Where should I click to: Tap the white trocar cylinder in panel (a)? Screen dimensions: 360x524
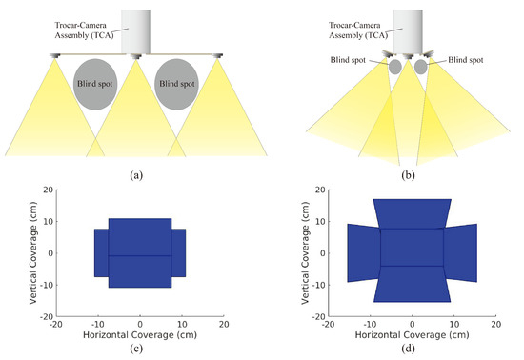(x=137, y=31)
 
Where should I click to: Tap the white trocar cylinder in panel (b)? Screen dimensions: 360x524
(x=409, y=28)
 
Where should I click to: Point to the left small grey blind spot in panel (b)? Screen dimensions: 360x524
(x=394, y=68)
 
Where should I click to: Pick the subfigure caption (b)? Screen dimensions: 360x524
(x=409, y=173)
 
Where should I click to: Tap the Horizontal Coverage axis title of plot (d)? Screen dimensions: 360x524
(x=412, y=336)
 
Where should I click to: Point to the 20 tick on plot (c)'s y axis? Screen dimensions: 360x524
(x=47, y=190)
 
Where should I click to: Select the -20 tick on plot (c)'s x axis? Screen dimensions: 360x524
(x=56, y=325)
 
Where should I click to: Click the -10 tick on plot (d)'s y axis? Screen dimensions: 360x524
(x=318, y=285)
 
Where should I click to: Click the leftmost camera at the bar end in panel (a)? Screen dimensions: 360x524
(x=54, y=55)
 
